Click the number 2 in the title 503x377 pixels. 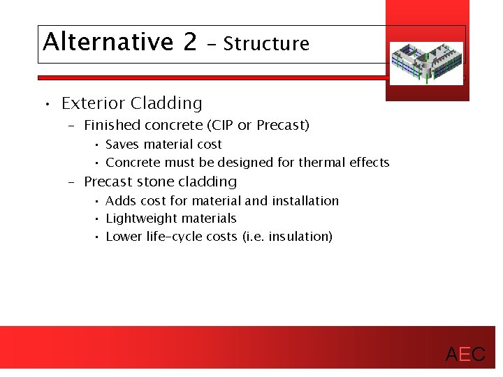click(x=190, y=42)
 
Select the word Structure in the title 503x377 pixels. click(x=266, y=44)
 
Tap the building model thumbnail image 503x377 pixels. click(x=425, y=62)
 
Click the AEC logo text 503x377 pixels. click(x=465, y=355)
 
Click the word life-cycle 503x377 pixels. click(x=173, y=237)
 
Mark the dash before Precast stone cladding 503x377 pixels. click(x=71, y=182)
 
